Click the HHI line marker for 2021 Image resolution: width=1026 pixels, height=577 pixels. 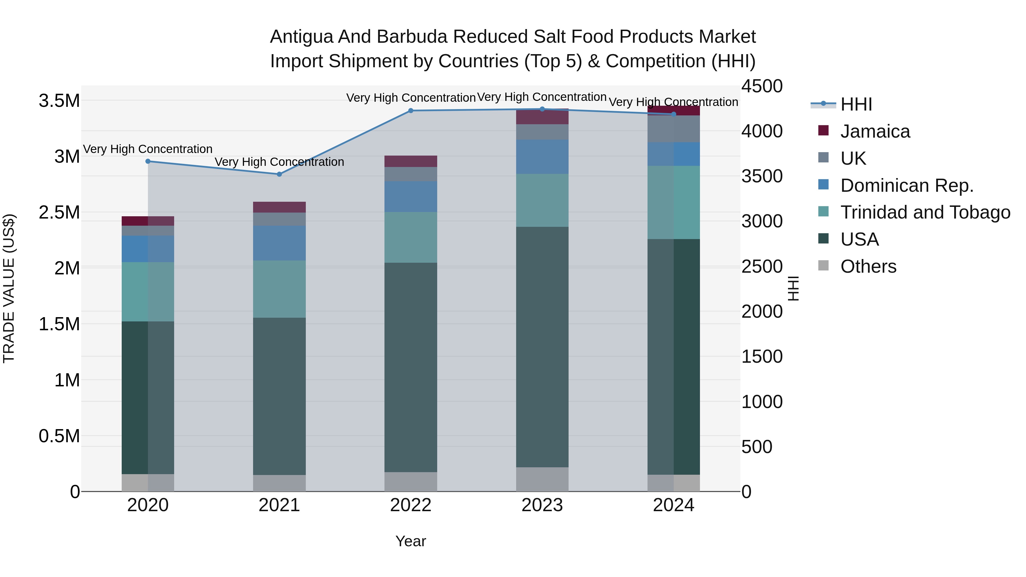point(279,174)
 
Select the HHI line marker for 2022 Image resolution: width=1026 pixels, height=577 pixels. point(411,111)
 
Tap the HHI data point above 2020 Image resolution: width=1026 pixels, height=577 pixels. point(148,161)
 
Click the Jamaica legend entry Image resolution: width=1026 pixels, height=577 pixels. point(875,131)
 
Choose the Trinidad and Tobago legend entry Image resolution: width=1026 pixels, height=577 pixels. point(925,212)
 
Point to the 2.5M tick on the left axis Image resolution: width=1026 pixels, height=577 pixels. point(59,212)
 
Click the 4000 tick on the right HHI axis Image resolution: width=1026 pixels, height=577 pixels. point(762,131)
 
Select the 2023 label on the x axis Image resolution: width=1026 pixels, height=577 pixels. point(542,505)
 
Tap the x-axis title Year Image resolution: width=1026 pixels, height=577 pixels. point(411,541)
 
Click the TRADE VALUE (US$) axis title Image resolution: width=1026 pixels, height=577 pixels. point(9,288)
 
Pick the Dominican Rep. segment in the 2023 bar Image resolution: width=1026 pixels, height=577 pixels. point(542,156)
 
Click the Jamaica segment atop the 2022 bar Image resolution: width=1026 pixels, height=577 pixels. point(411,161)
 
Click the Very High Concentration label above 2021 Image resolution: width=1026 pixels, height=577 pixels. point(279,162)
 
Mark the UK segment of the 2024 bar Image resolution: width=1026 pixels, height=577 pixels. point(673,129)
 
